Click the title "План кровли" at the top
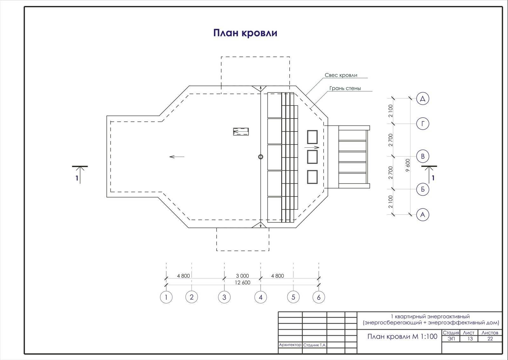[245, 33]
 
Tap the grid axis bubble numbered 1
[166, 297]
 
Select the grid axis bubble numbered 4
[261, 297]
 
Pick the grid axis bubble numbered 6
[319, 297]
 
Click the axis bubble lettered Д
[423, 98]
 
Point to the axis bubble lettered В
[423, 156]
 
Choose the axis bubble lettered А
[423, 214]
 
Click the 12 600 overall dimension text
[243, 282]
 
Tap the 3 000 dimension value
[243, 276]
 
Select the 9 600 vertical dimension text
[408, 165]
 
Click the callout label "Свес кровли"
[341, 75]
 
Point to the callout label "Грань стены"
[345, 88]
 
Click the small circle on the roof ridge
[261, 157]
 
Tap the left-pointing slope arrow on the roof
[177, 157]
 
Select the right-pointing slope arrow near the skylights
[312, 147]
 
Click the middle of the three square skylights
[312, 157]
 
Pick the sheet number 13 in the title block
[470, 339]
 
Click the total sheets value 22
[490, 339]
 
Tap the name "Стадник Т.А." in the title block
[315, 345]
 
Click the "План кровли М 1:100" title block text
[402, 336]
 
